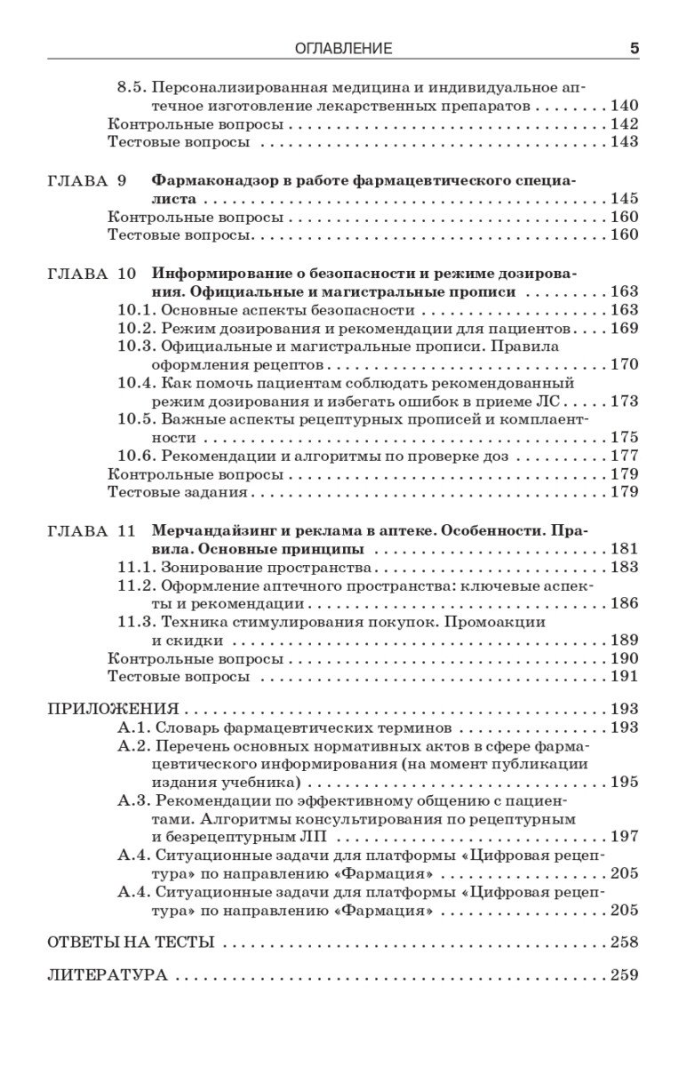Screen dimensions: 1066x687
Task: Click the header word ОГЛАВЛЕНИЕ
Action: [343, 49]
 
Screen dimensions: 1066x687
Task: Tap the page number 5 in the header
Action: [634, 49]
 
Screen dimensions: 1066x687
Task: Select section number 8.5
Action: [132, 88]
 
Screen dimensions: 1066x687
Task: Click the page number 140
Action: [625, 106]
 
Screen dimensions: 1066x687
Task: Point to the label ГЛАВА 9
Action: [86, 180]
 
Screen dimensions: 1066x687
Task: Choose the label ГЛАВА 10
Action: [90, 274]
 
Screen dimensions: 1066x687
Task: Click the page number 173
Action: [625, 401]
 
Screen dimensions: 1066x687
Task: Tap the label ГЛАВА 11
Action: [90, 530]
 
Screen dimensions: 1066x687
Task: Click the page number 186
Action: [625, 604]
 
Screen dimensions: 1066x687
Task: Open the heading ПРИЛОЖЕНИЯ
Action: [112, 710]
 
